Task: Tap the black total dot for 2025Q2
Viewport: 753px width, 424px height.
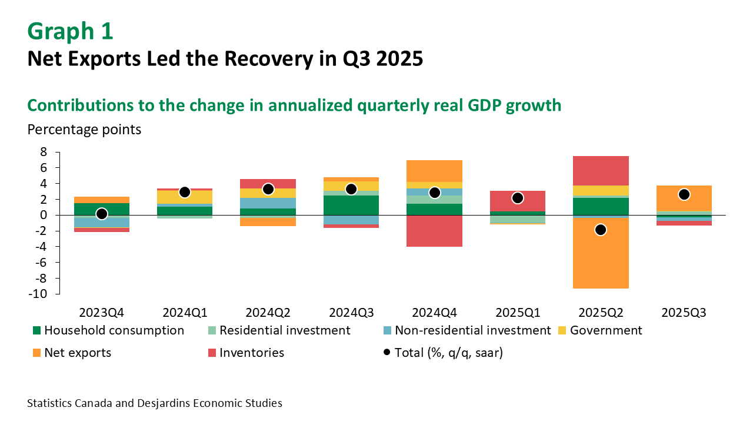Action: tap(600, 230)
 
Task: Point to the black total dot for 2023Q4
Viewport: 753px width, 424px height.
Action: tap(101, 214)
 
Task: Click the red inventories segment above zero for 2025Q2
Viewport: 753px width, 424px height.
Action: tap(600, 171)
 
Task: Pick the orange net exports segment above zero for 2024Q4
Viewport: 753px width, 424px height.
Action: tap(434, 171)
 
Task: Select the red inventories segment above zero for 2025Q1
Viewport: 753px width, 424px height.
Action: tap(517, 201)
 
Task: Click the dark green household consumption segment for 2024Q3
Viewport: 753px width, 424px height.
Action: tap(351, 205)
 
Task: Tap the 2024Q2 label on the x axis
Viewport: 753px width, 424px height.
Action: tap(268, 312)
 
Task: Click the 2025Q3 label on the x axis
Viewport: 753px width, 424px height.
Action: tap(684, 312)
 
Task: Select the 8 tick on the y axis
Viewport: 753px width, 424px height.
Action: tap(42, 152)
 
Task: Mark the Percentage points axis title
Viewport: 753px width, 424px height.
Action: tap(84, 130)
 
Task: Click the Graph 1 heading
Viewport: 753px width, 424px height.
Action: tap(70, 32)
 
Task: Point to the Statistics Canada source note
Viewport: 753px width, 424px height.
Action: tap(154, 403)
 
